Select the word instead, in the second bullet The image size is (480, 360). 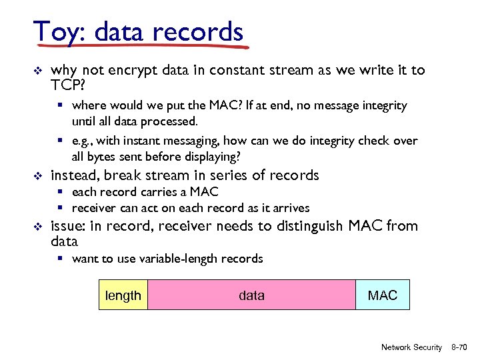[77, 175]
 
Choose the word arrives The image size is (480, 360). [290, 208]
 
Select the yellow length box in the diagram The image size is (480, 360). [123, 295]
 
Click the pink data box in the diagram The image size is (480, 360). [251, 295]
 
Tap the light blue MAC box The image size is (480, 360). [383, 295]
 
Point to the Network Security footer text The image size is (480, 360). [411, 347]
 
